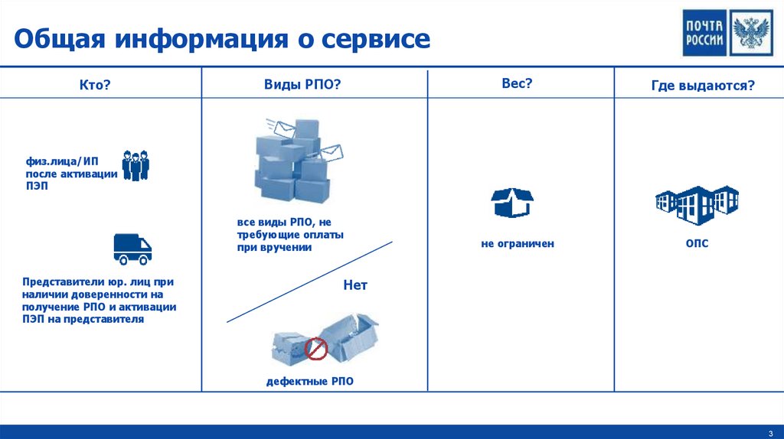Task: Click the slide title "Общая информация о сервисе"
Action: tap(221, 40)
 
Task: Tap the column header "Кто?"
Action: tap(96, 86)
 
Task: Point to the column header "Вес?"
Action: tap(517, 84)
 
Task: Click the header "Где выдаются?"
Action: tap(703, 86)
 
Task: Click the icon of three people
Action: tap(136, 166)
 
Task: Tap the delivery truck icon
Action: tap(132, 249)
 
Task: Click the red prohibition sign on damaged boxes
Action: tap(316, 350)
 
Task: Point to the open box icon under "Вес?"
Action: tap(512, 202)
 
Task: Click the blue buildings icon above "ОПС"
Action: tap(697, 203)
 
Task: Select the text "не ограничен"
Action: tap(517, 244)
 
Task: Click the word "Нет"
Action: tap(355, 285)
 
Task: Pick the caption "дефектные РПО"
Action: tap(310, 381)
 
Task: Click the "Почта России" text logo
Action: tap(704, 33)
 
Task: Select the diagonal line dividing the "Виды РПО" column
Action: tap(309, 282)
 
